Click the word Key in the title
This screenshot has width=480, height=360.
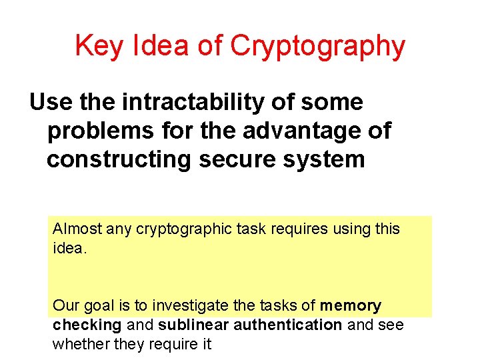tap(96, 47)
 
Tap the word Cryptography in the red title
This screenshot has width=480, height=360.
tap(317, 47)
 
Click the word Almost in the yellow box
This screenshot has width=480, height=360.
tap(75, 229)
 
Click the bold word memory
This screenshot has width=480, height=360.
tap(351, 306)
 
